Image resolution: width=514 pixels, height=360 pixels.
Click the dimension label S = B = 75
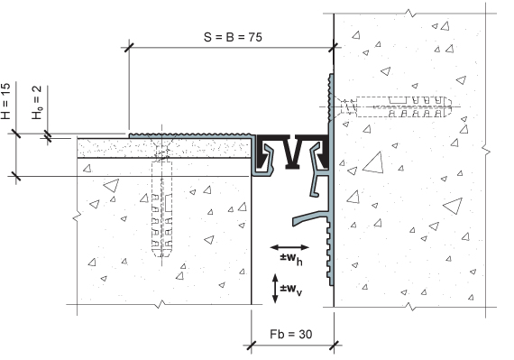tap(233, 37)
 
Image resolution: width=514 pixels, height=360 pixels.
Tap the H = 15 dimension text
tap(6, 101)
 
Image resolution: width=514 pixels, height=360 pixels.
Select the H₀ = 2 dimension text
tap(37, 102)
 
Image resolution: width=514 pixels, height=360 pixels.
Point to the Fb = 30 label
tap(291, 334)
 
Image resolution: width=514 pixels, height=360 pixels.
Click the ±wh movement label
tap(291, 258)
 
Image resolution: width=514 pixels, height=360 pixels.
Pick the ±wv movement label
tap(291, 290)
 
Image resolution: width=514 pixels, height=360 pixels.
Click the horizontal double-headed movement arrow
tap(289, 247)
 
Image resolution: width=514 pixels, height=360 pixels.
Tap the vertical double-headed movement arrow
tap(275, 288)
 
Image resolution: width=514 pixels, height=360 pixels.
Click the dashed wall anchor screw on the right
tap(393, 106)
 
